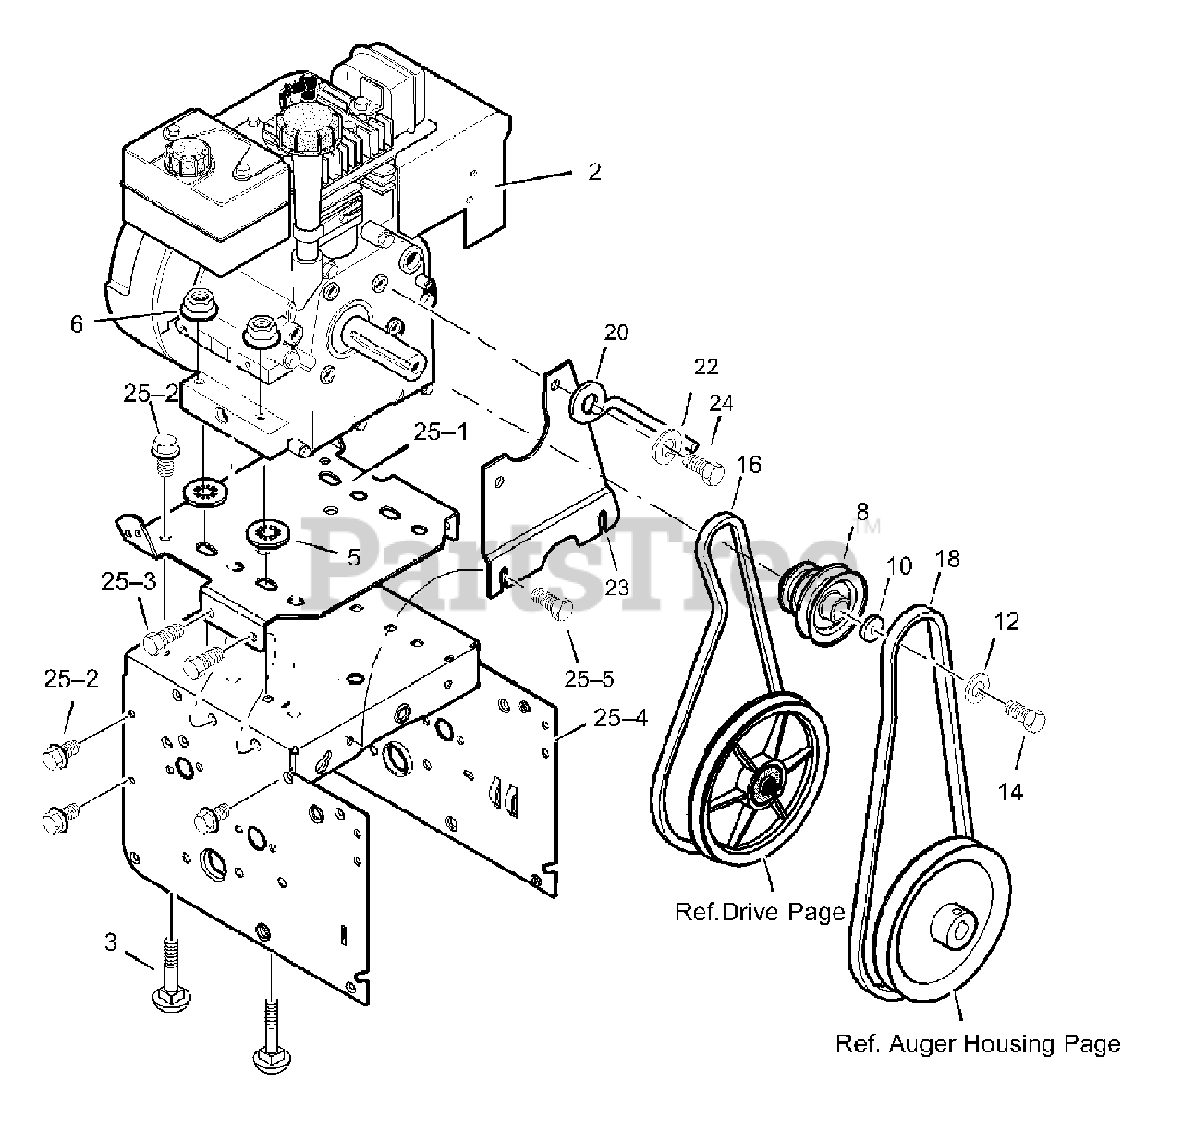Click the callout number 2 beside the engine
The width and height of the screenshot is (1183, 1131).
[594, 172]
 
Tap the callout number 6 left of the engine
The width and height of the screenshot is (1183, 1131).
[76, 323]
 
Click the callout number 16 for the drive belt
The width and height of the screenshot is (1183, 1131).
[750, 464]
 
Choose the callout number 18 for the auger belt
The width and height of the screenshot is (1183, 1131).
[947, 558]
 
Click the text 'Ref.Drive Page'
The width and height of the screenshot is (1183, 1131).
[760, 912]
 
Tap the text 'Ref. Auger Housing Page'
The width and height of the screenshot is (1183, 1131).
[977, 1044]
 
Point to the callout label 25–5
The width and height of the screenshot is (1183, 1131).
[589, 679]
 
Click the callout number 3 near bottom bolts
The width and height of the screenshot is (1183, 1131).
[111, 943]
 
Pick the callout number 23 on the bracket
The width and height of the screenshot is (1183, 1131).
[616, 587]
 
